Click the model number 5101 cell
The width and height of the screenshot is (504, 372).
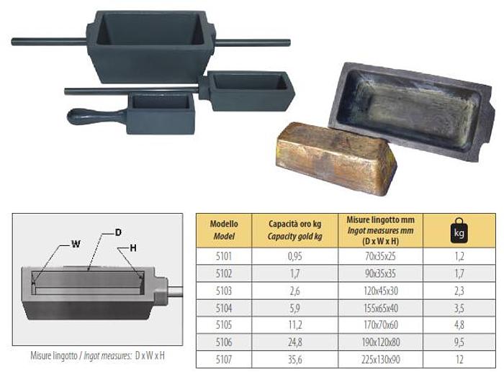point(224,255)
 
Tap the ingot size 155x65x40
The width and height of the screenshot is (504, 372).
point(380,307)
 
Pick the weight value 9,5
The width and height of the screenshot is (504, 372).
point(458,342)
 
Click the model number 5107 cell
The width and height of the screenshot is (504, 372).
point(224,359)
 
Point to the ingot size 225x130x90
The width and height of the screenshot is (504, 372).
point(380,359)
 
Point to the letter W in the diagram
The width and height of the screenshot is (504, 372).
point(75,244)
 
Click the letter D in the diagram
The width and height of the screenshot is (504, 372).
point(118,232)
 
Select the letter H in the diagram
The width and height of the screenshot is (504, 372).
point(133,248)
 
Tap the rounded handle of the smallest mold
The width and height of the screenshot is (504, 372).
point(90,115)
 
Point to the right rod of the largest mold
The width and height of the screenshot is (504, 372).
point(252,42)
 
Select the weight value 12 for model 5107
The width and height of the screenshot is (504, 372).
point(458,359)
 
